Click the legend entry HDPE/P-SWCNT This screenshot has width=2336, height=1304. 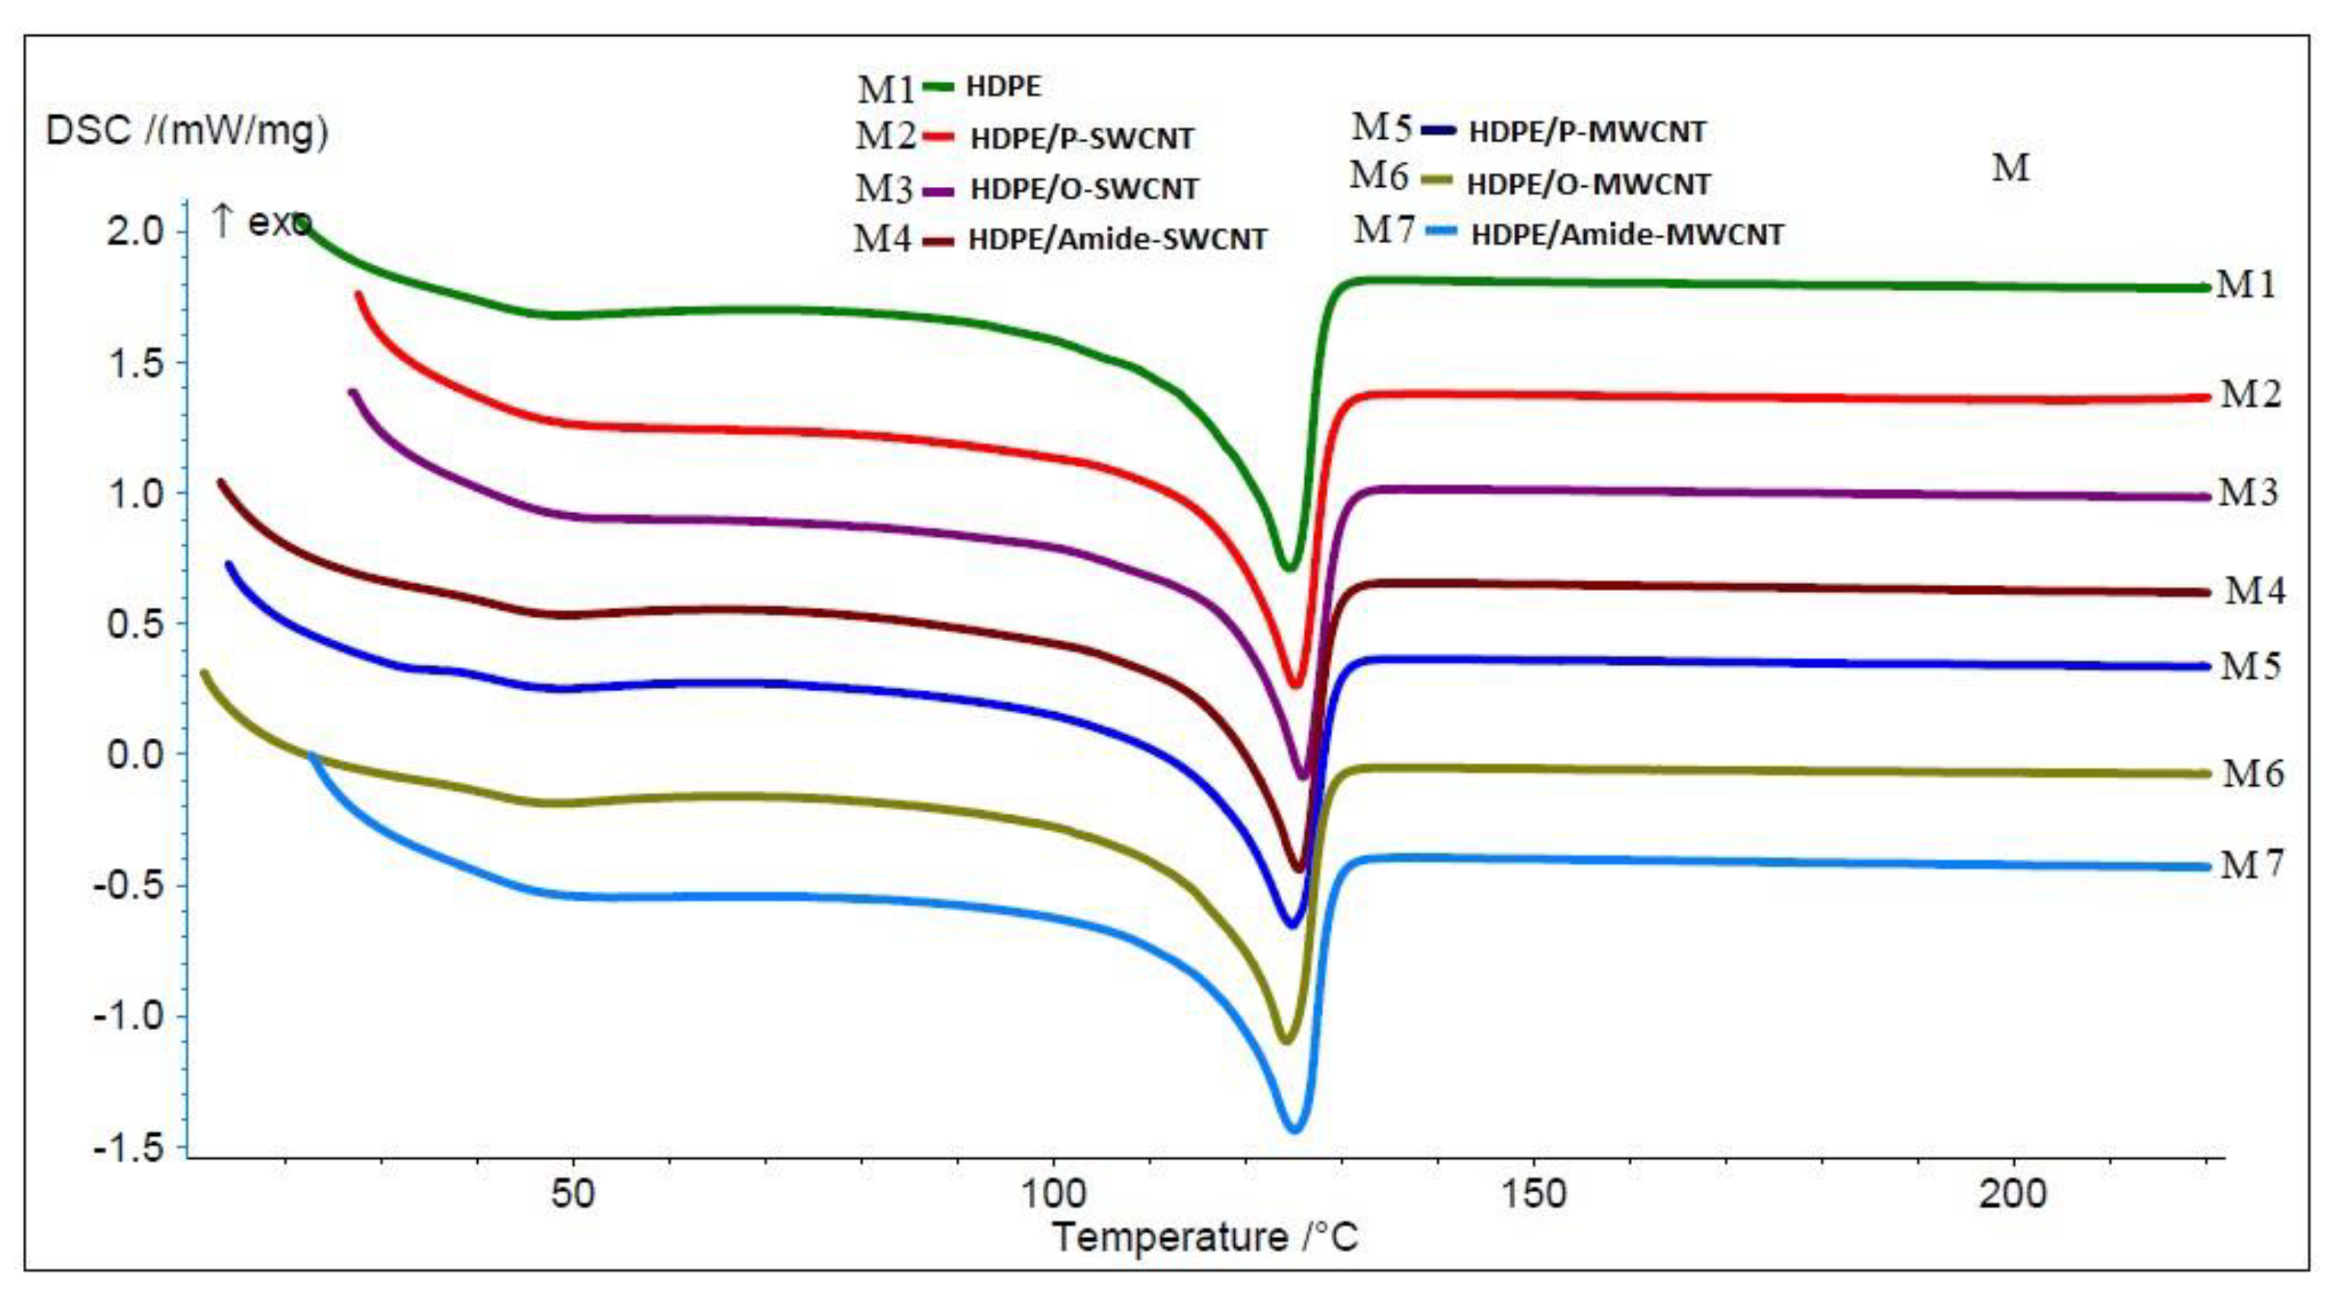1081,139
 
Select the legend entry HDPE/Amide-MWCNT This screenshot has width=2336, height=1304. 1627,235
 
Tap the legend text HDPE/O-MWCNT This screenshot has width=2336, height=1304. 1588,185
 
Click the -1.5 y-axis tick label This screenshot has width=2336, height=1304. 129,1147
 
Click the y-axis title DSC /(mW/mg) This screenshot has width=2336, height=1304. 187,132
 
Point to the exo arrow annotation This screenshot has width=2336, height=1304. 260,221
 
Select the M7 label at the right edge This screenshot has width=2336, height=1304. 2251,866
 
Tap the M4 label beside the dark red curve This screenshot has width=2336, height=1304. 2254,591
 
